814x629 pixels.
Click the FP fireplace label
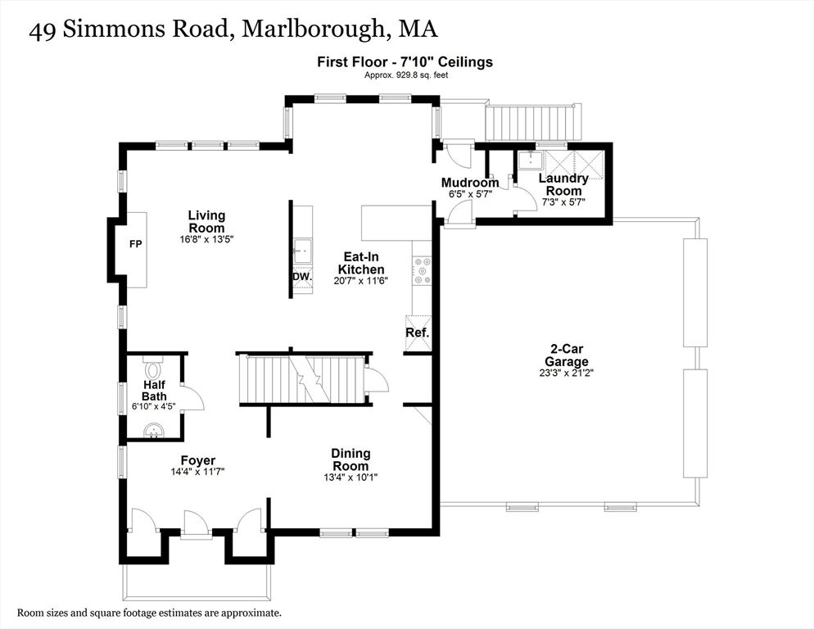tap(135, 243)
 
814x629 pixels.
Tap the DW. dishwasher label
tap(302, 277)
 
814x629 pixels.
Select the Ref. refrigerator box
tap(418, 333)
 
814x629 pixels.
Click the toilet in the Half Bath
tap(153, 369)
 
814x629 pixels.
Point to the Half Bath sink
tap(154, 431)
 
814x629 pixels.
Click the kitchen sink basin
tap(302, 251)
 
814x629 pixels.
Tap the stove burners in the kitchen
tap(422, 271)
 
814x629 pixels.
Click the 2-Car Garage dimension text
tap(567, 373)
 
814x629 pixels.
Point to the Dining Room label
tap(351, 459)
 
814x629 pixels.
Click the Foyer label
tap(198, 460)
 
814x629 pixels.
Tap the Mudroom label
tap(470, 183)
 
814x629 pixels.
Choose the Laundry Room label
tap(563, 184)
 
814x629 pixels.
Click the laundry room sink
tap(529, 160)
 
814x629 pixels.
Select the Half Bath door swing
tap(193, 398)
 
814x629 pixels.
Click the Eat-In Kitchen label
tap(361, 263)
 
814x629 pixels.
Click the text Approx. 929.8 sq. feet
tap(406, 75)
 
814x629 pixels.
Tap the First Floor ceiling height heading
tap(405, 62)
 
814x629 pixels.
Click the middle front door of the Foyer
tap(197, 523)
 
